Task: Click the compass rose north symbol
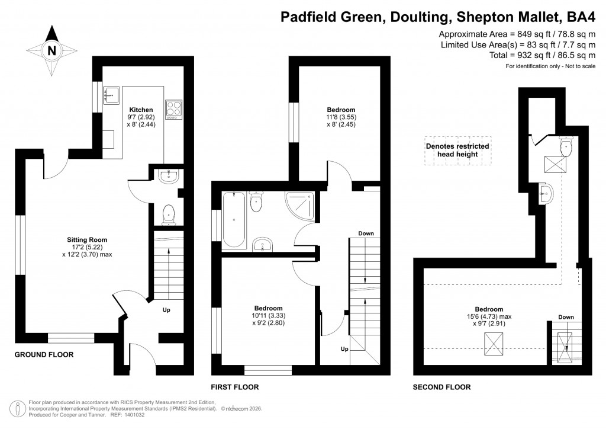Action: pyautogui.click(x=51, y=51)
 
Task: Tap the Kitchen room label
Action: pyautogui.click(x=141, y=110)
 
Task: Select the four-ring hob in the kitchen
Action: pyautogui.click(x=173, y=109)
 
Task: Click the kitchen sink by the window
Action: pyautogui.click(x=111, y=93)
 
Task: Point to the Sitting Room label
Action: pyautogui.click(x=87, y=240)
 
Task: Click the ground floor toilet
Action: pyautogui.click(x=169, y=213)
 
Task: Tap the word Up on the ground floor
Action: pyautogui.click(x=167, y=309)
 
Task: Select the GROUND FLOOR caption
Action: pyautogui.click(x=44, y=355)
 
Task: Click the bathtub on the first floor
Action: pyautogui.click(x=234, y=219)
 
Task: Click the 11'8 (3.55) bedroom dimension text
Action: pyautogui.click(x=341, y=117)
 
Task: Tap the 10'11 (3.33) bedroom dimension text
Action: pyautogui.click(x=268, y=316)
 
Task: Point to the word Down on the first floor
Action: pyautogui.click(x=366, y=233)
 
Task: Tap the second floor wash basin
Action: pyautogui.click(x=546, y=193)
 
